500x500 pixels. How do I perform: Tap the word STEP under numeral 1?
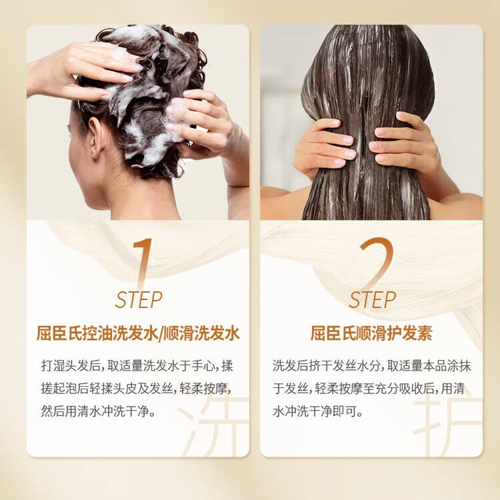(139, 300)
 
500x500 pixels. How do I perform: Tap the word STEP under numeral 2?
(372, 300)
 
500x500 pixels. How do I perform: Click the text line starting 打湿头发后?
(137, 366)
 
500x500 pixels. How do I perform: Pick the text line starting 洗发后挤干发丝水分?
(371, 366)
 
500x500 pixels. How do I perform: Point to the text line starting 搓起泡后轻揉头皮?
(137, 389)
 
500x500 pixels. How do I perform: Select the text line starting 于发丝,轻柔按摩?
(371, 389)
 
